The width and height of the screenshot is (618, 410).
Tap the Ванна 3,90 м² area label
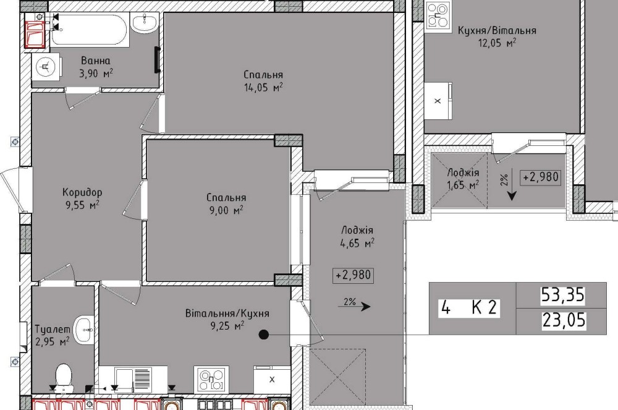96,67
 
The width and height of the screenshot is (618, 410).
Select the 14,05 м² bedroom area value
263,88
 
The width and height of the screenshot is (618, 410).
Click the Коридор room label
82,192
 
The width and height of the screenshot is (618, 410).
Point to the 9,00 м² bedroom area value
226,210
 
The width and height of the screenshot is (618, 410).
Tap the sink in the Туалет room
84,330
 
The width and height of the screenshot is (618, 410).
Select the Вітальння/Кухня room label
227,314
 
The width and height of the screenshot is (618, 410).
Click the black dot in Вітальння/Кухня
263,335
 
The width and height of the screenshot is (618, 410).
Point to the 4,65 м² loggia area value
357,243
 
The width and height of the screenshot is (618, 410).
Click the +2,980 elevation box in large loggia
353,275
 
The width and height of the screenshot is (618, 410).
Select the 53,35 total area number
562,295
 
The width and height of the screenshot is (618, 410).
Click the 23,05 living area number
564,320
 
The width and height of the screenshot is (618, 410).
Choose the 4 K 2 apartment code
469,307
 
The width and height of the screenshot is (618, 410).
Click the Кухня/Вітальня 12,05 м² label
497,36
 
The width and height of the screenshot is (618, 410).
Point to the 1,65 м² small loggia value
463,184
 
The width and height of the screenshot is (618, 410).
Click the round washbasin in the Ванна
46,67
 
